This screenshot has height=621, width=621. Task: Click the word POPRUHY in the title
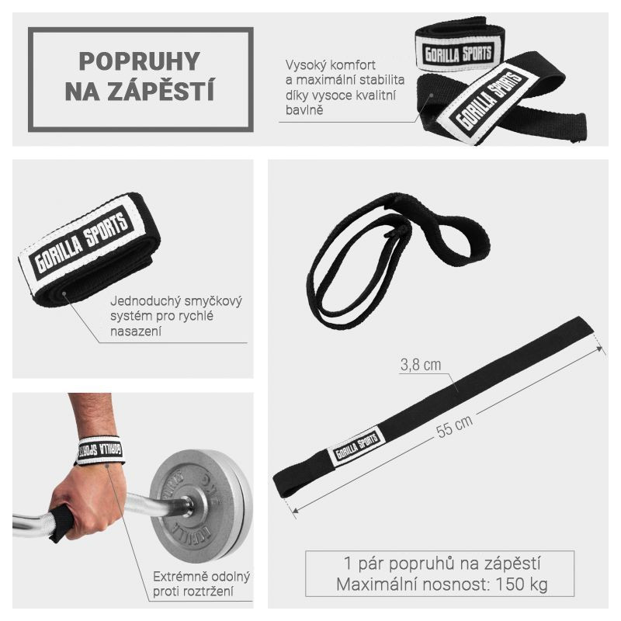(140, 61)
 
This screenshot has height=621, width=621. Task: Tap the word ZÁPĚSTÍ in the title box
(161, 91)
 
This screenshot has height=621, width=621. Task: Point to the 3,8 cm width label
(421, 365)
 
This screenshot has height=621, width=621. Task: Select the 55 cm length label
(454, 426)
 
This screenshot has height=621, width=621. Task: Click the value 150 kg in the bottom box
(522, 584)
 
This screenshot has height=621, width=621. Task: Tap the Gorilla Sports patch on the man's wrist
(101, 450)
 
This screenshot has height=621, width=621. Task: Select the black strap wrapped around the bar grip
(61, 522)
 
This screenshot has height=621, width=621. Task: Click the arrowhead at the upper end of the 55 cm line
(600, 349)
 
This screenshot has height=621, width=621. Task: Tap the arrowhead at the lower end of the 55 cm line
(294, 511)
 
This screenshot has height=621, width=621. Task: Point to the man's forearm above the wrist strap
(92, 414)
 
